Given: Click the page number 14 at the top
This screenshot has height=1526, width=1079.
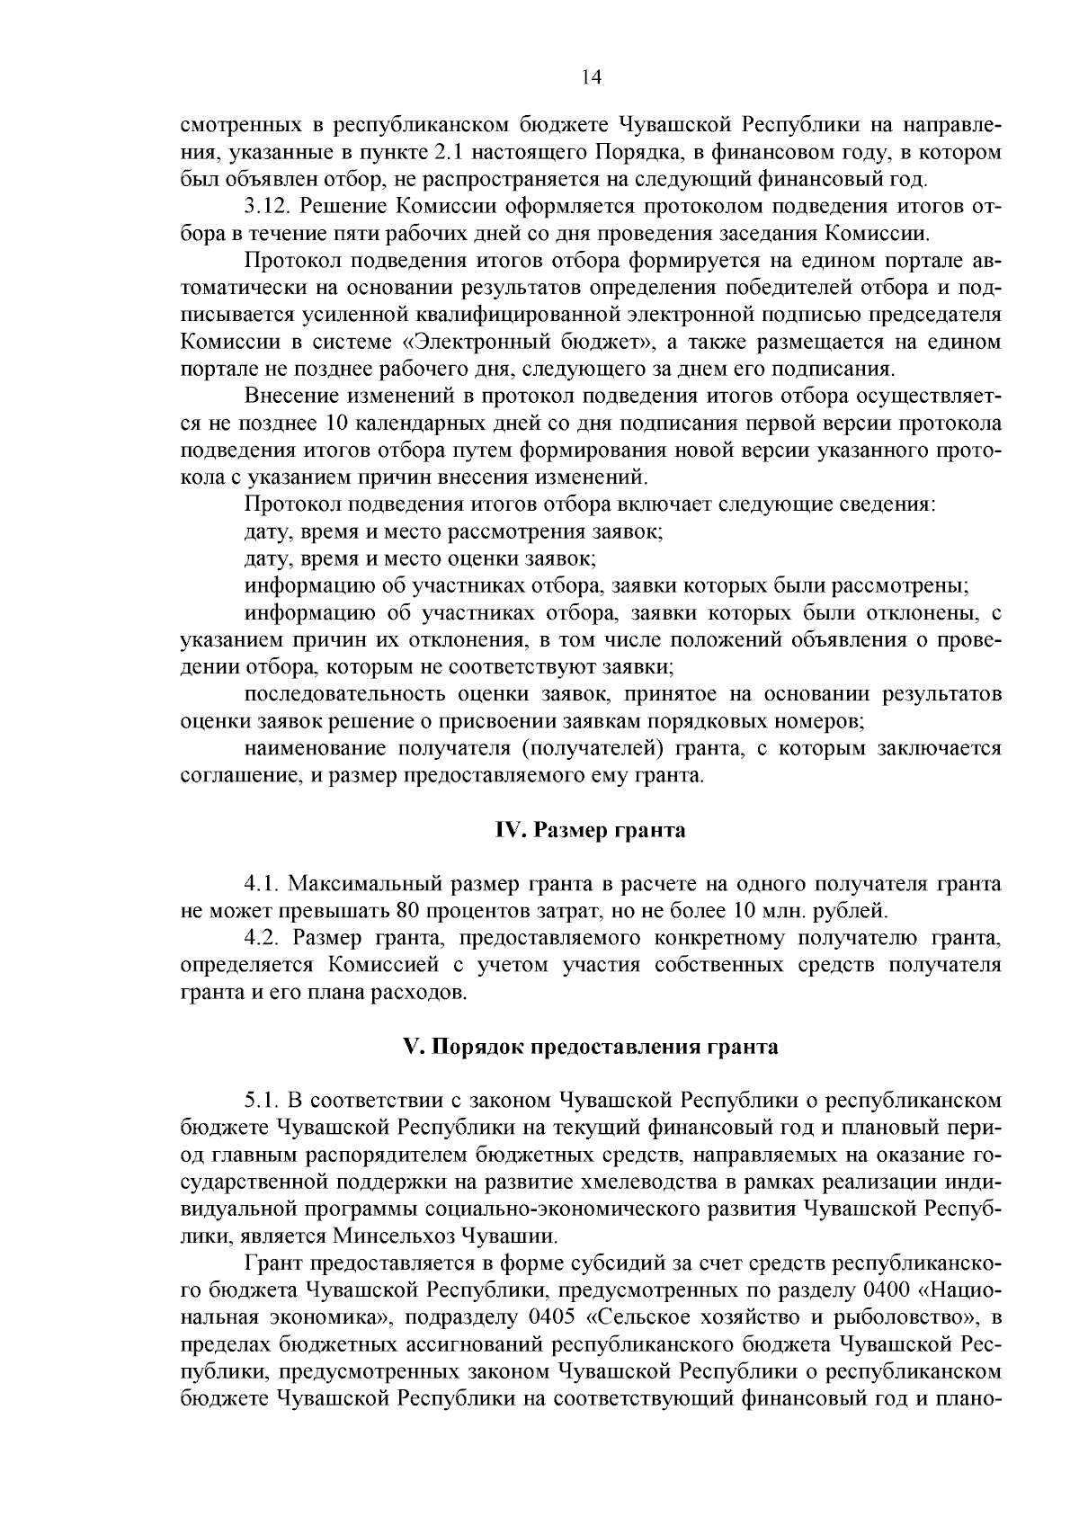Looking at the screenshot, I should [x=591, y=77].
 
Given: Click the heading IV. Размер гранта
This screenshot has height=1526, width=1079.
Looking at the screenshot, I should [x=591, y=830].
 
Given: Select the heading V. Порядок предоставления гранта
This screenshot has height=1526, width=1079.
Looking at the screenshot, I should [x=591, y=1047].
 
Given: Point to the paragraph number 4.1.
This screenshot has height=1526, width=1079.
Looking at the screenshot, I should [x=262, y=884].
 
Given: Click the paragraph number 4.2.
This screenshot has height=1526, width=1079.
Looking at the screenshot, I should [x=262, y=939].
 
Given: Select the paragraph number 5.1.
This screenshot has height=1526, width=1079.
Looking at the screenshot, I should [x=262, y=1101].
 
